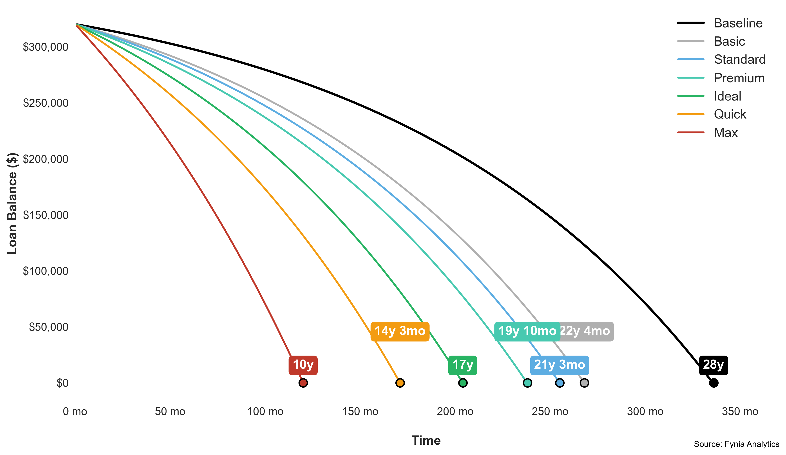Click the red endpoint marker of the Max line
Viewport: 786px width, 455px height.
click(x=303, y=383)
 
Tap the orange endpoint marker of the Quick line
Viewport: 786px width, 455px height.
click(x=400, y=383)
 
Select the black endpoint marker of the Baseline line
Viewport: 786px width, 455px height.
click(x=714, y=383)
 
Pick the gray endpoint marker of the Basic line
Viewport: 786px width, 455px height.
click(x=584, y=383)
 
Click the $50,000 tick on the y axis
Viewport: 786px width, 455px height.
click(x=49, y=327)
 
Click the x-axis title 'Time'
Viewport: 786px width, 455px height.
click(x=426, y=440)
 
